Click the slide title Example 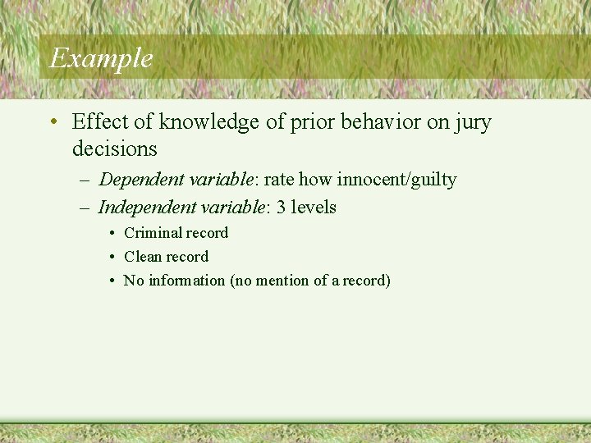pos(101,58)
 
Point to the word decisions pos(114,148)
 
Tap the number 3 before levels pos(281,207)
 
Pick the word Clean pos(141,257)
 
